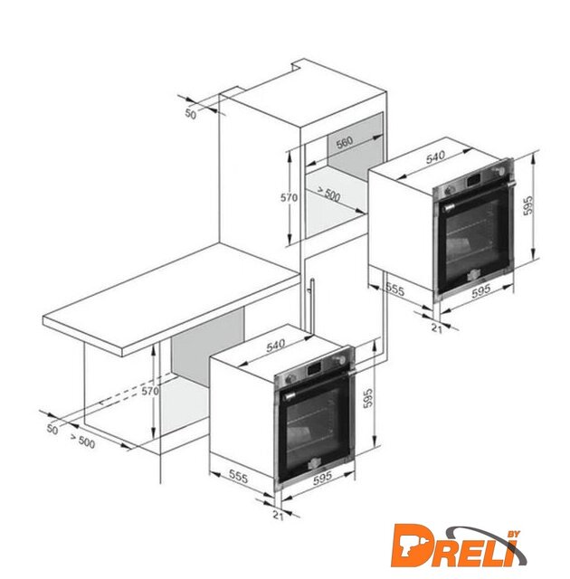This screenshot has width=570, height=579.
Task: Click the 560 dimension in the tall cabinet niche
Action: coord(345,142)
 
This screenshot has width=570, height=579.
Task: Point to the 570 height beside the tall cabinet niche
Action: coord(289,198)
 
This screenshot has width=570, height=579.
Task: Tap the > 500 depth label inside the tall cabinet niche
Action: coord(328,195)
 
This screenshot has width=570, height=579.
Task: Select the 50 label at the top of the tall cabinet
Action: coord(191,115)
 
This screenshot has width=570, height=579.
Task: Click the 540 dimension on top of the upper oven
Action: coord(435,157)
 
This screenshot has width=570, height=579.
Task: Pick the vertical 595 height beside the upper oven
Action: coord(528,205)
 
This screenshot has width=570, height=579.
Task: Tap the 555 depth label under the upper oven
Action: coord(395,289)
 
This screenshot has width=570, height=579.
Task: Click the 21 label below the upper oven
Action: coord(437,328)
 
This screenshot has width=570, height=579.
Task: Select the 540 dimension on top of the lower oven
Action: coord(275,346)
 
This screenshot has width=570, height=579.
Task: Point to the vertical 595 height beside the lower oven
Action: coord(368,398)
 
